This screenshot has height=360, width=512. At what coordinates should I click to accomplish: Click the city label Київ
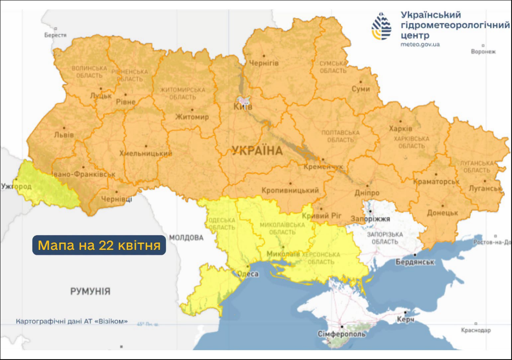click(x=243, y=107)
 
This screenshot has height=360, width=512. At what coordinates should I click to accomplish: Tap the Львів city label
click(x=63, y=135)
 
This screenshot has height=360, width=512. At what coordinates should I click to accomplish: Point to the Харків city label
click(x=401, y=129)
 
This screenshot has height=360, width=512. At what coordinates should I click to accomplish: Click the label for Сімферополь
click(x=342, y=334)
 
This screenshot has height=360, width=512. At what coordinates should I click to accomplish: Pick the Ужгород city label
click(x=16, y=186)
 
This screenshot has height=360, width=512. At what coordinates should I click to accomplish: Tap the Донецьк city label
click(x=443, y=213)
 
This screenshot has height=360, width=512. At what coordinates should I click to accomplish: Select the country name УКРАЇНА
click(x=257, y=150)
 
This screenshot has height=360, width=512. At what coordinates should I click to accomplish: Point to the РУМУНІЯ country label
click(x=90, y=291)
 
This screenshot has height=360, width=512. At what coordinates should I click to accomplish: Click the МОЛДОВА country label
click(x=186, y=237)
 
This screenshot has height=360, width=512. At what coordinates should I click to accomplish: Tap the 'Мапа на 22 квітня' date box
click(x=99, y=245)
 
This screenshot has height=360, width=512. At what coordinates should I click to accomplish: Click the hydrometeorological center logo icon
click(x=381, y=27)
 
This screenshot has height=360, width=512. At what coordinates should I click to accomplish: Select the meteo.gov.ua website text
click(x=420, y=44)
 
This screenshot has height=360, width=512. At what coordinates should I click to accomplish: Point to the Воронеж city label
click(x=483, y=51)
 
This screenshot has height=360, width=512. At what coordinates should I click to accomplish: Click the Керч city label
click(x=405, y=320)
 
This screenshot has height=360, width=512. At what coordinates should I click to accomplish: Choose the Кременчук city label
click(x=323, y=166)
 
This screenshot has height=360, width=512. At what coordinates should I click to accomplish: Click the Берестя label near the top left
click(x=55, y=35)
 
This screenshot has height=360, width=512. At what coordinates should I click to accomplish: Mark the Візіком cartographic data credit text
click(x=72, y=321)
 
